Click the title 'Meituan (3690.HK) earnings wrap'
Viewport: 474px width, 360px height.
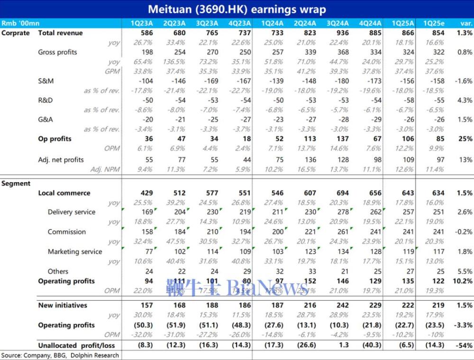coord(237,9)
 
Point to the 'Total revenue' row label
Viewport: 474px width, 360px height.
coord(60,33)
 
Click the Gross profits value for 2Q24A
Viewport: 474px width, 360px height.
coord(309,52)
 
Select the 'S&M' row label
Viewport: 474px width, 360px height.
coord(46,81)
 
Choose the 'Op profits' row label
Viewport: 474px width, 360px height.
coord(55,139)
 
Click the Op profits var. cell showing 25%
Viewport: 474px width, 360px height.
coord(465,139)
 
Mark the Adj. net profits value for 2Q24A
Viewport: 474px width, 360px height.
coord(309,160)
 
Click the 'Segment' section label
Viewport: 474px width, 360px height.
coord(16,184)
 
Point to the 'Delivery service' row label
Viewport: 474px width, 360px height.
coord(72,212)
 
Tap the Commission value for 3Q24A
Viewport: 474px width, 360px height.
coord(341,232)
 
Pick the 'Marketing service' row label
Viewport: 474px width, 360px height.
coord(75,251)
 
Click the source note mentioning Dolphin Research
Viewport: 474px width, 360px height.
coord(60,355)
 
